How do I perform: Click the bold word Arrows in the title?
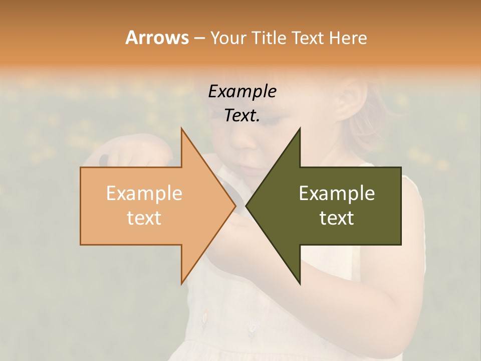pos(157,38)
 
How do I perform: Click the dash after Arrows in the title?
pos(199,38)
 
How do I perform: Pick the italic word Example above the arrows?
pos(242,91)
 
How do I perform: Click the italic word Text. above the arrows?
pos(242,115)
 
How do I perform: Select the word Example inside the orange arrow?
pos(144,193)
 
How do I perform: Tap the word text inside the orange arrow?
pos(144,218)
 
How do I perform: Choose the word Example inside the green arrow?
pos(337,193)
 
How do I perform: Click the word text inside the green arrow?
pos(337,218)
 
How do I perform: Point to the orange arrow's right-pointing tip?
pos(235,206)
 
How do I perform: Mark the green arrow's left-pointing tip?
pos(247,206)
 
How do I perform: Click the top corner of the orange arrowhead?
pos(181,128)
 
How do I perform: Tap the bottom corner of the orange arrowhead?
pos(181,283)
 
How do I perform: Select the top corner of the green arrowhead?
pos(300,128)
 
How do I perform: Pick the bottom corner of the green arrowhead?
pos(300,283)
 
